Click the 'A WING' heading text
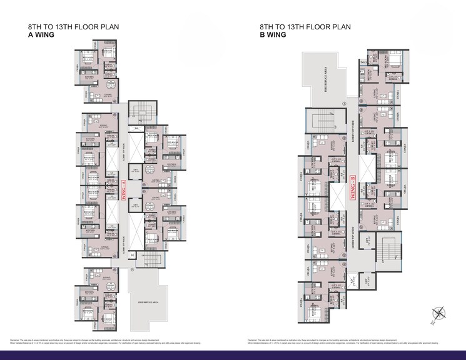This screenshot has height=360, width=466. point(41,36)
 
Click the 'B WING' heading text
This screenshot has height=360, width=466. point(273,36)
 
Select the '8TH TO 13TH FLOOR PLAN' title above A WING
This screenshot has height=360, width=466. point(74,27)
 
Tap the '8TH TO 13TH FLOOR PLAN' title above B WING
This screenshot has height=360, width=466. point(305,27)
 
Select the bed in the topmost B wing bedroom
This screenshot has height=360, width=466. point(394,61)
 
